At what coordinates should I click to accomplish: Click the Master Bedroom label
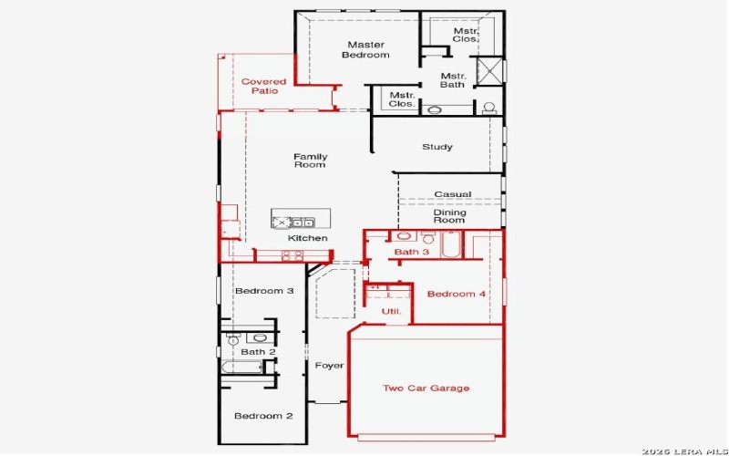[x=364, y=49]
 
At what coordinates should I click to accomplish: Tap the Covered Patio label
[x=263, y=86]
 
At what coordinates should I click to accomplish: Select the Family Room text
[x=310, y=161]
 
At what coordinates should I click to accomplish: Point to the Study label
[x=437, y=147]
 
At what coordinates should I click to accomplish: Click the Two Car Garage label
[x=426, y=389]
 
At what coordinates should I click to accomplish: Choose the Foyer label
[x=329, y=366]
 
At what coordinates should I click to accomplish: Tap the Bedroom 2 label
[x=263, y=416]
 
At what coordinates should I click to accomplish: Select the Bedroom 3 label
[x=264, y=292]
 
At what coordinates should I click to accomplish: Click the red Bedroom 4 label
[x=451, y=294]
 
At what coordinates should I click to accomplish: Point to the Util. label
[x=391, y=312]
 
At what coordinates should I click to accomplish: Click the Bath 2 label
[x=258, y=352]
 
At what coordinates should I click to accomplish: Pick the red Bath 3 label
[x=412, y=253]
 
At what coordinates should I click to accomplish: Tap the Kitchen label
[x=308, y=238]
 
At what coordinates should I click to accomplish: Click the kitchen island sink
[x=303, y=222]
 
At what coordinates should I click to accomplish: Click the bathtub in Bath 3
[x=452, y=244]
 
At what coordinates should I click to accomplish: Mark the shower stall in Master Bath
[x=489, y=70]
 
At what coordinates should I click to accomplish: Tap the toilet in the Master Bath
[x=489, y=108]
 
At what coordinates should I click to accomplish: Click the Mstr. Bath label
[x=453, y=80]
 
